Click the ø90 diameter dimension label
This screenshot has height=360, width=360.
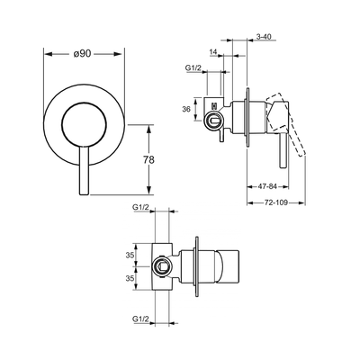[x=82, y=54]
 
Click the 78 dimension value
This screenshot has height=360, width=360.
[x=148, y=160]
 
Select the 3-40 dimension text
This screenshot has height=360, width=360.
[x=264, y=37]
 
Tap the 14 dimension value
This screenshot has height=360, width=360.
[x=213, y=52]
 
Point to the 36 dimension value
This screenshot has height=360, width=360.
[x=186, y=109]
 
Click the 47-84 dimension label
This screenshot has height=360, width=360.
[x=267, y=186]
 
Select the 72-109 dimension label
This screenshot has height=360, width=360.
[x=276, y=202]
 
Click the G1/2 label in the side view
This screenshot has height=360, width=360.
[x=193, y=68]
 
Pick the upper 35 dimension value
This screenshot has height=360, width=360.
[x=130, y=256]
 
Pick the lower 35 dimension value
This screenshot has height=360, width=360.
[x=130, y=278]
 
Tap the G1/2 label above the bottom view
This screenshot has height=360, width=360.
[x=140, y=207]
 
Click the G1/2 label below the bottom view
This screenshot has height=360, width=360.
[x=140, y=319]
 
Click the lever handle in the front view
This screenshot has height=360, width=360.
[x=84, y=171]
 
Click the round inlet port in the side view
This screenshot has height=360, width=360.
[x=212, y=121]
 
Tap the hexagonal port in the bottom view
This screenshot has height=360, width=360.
[x=162, y=266]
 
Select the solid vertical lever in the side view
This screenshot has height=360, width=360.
[x=283, y=150]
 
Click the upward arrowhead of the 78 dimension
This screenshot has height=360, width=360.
[x=148, y=130]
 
